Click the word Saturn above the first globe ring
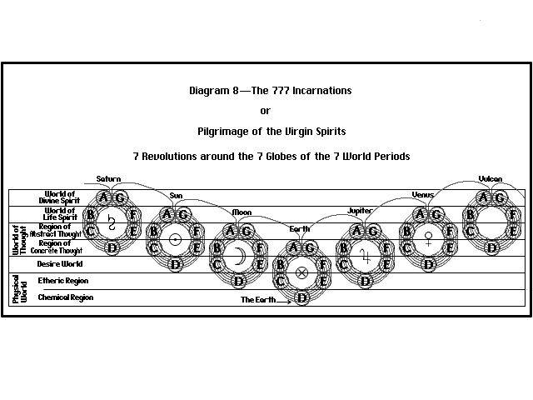(x=108, y=179)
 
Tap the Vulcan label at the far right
(x=490, y=179)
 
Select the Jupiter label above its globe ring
(x=360, y=211)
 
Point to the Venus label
(x=423, y=195)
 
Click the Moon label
(x=242, y=212)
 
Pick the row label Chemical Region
(x=65, y=297)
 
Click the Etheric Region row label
(x=63, y=281)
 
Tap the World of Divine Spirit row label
(x=61, y=197)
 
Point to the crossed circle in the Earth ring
(x=301, y=272)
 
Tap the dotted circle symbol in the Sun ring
(x=175, y=239)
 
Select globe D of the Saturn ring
(x=112, y=247)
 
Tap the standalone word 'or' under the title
(x=265, y=110)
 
